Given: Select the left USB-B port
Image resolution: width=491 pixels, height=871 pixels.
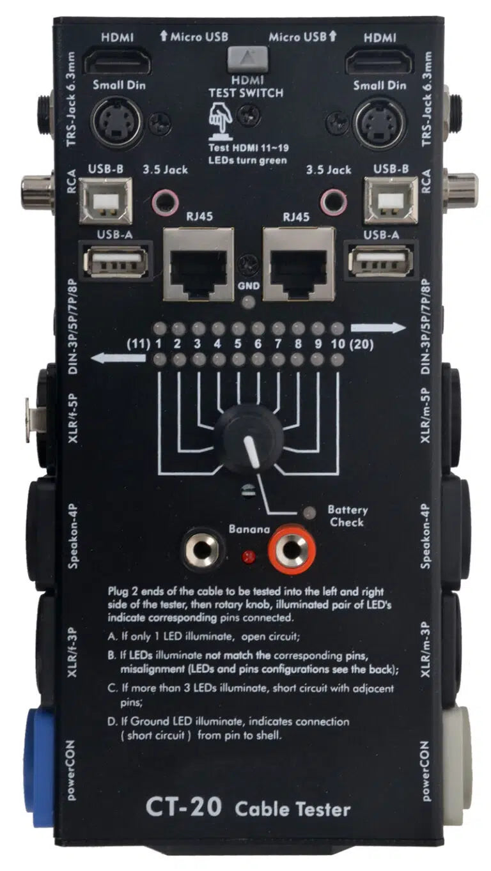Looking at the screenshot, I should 105,200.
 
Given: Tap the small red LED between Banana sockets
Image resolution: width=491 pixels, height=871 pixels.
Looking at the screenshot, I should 247,556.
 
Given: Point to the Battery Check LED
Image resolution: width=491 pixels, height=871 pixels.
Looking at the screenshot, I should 311,513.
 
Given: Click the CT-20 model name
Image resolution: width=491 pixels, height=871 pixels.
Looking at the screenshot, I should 183,808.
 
